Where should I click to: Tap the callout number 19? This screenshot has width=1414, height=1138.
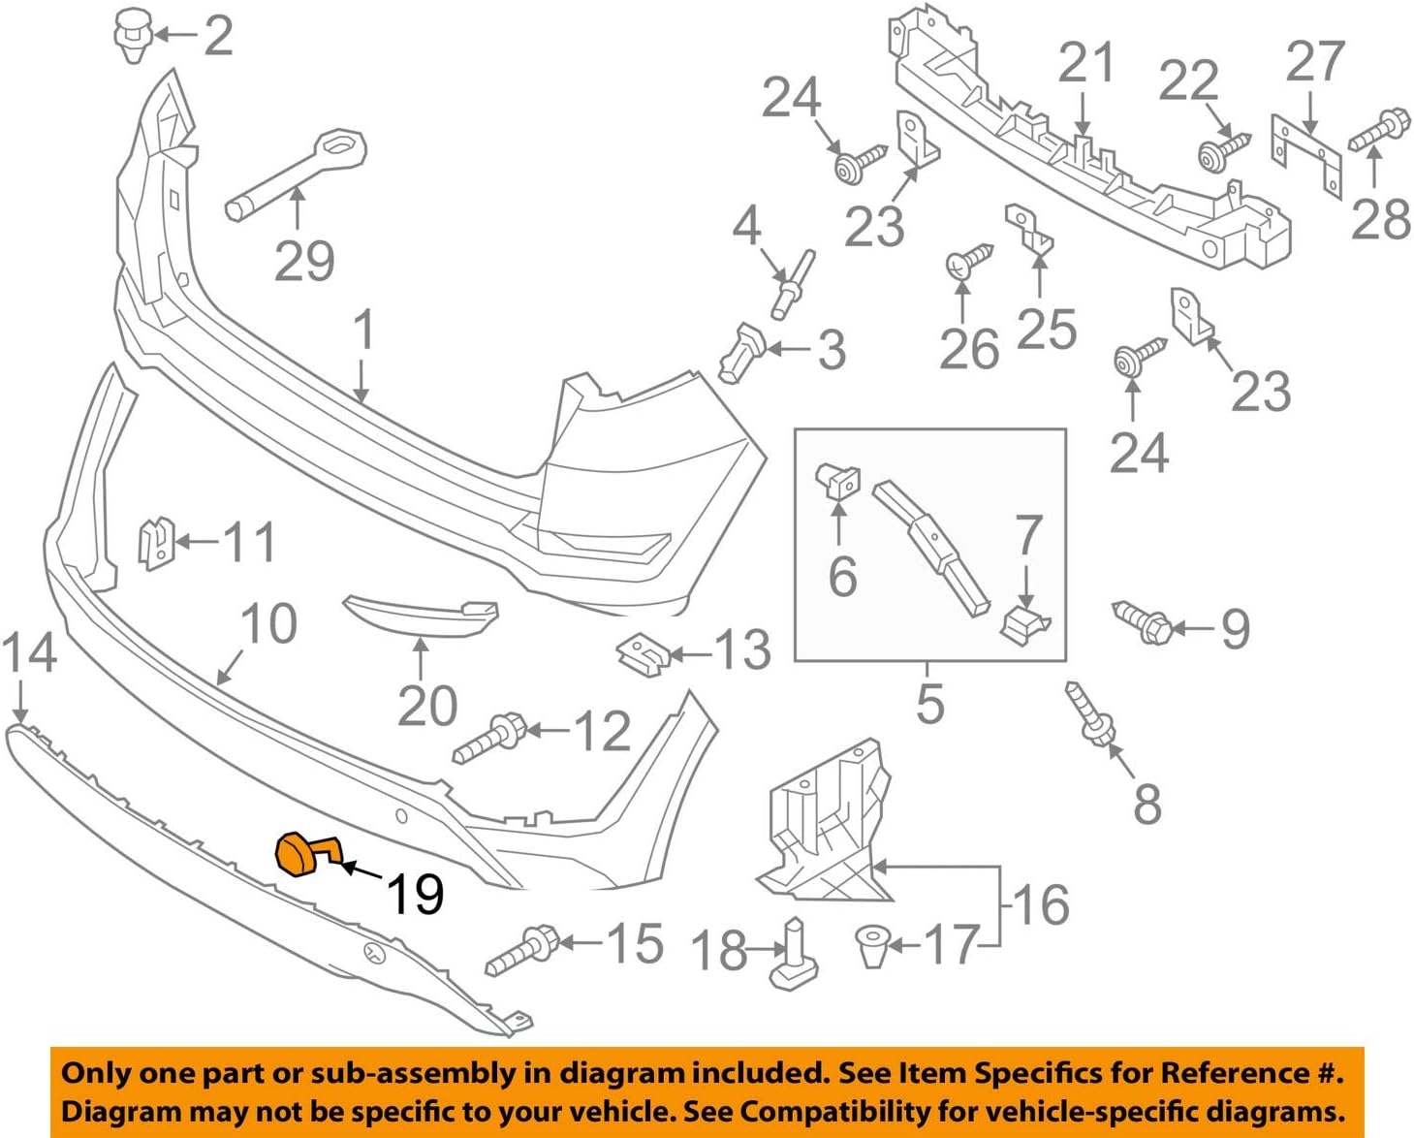tap(415, 894)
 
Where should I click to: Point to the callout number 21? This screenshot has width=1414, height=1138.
tap(1086, 63)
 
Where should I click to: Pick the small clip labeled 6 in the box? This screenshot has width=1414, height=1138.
tap(838, 480)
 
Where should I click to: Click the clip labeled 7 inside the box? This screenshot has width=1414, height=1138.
tap(1023, 624)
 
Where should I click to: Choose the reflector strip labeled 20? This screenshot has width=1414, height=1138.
tap(422, 616)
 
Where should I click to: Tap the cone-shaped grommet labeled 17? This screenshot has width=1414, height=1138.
tap(872, 944)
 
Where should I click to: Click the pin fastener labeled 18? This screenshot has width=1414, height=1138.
tap(794, 955)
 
